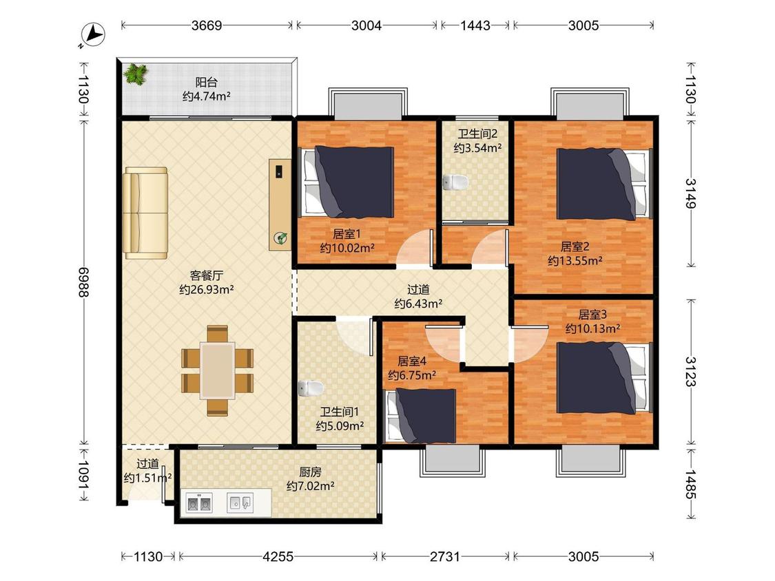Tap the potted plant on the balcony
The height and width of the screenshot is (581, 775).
[136, 74]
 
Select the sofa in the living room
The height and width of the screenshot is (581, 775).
[145, 213]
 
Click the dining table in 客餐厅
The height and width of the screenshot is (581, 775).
[218, 370]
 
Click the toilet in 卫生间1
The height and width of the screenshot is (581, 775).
[311, 388]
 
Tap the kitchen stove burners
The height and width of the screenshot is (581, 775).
[198, 503]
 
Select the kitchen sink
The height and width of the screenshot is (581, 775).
[240, 503]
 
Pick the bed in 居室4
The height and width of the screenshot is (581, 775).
[421, 416]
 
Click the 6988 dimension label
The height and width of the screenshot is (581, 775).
[83, 282]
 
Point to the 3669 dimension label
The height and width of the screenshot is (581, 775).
[207, 25]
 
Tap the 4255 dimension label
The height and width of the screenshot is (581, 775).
[278, 557]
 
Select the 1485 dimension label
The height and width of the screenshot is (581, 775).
[690, 484]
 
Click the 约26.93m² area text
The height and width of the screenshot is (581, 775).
[206, 290]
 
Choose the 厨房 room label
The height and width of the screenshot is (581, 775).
[311, 472]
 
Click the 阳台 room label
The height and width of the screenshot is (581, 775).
[206, 82]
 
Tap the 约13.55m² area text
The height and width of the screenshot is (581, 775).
[575, 260]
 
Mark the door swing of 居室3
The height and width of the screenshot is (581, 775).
[529, 344]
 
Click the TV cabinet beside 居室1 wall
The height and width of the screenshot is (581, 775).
[280, 204]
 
